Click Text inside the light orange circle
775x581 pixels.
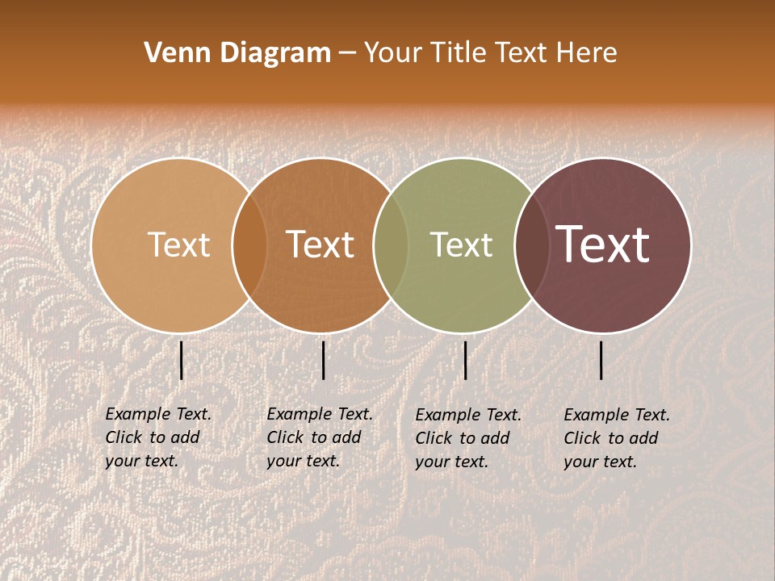click(178, 245)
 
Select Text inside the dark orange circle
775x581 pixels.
click(320, 245)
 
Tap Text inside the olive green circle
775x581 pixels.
click(461, 245)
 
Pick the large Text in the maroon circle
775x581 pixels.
click(602, 245)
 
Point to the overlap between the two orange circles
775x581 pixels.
click(249, 245)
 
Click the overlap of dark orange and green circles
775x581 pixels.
click(391, 245)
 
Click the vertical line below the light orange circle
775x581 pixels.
click(181, 360)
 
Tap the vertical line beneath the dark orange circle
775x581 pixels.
click(323, 360)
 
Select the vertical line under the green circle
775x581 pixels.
click(465, 360)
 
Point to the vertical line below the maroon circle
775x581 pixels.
click(601, 360)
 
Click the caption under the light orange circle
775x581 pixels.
click(157, 437)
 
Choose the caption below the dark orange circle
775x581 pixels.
click(319, 437)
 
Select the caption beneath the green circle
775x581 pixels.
click(467, 438)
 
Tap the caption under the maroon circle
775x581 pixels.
click(616, 438)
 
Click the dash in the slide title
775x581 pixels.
click(347, 54)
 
